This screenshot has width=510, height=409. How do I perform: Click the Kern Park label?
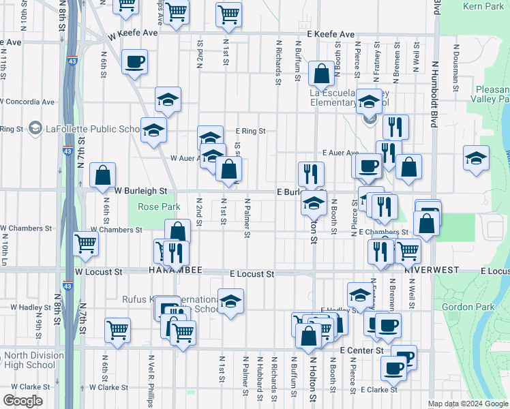click(485, 6)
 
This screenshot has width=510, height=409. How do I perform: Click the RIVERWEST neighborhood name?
click(430, 270)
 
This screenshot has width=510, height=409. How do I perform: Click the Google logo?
click(22, 400)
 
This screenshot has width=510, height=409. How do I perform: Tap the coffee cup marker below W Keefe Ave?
click(134, 62)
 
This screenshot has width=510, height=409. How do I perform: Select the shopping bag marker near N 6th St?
click(102, 175)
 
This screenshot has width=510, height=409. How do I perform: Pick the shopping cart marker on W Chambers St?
click(85, 243)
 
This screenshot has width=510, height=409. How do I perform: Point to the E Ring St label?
click(250, 131)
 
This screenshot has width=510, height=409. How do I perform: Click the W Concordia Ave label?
click(27, 102)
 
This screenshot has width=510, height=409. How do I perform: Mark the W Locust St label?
click(98, 271)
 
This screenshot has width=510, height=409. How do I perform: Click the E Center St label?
click(361, 350)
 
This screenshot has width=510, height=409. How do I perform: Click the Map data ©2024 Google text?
click(467, 403)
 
